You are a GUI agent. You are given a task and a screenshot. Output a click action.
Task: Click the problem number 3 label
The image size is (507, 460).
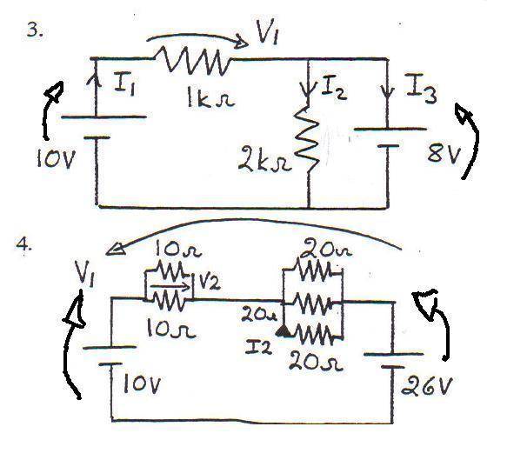click(x=35, y=30)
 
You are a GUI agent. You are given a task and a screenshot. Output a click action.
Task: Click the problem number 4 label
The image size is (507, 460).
click(x=24, y=245)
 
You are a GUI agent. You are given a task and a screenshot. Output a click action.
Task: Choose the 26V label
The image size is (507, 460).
click(x=426, y=384)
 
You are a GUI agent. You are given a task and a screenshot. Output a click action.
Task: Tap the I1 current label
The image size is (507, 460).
click(x=125, y=84)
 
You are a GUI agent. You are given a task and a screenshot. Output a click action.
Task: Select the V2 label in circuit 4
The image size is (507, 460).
click(x=210, y=283)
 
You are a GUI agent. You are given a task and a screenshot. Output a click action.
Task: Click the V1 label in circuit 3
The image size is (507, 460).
click(x=267, y=32)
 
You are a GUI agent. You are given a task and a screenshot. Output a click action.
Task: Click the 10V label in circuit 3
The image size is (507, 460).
click(x=56, y=159)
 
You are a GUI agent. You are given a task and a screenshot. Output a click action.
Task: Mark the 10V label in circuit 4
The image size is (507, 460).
click(x=142, y=384)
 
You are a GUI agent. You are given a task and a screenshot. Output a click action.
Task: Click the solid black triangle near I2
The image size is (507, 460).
click(x=284, y=331)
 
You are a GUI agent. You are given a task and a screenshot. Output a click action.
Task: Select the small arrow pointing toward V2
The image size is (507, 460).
click(x=170, y=286)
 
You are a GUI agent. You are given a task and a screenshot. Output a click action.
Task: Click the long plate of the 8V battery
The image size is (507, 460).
click(x=390, y=129)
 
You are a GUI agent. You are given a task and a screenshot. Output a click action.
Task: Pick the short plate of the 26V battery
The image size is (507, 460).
click(x=392, y=367)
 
